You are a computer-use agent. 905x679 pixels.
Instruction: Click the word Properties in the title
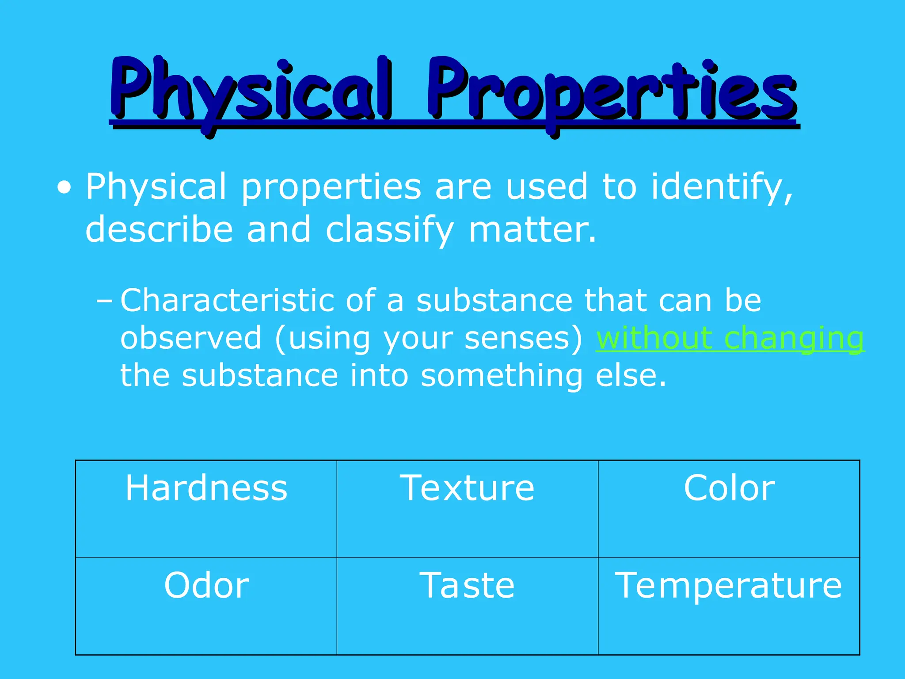click(x=612, y=91)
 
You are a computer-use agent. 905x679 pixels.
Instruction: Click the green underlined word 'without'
click(x=654, y=338)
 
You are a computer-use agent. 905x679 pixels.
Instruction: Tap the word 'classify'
click(x=389, y=230)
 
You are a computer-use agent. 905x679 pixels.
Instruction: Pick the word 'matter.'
click(x=532, y=230)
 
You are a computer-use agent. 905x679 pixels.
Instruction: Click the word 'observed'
click(x=191, y=338)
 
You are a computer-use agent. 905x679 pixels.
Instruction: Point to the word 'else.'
click(x=631, y=376)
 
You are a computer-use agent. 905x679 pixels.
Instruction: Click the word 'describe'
click(x=159, y=230)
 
